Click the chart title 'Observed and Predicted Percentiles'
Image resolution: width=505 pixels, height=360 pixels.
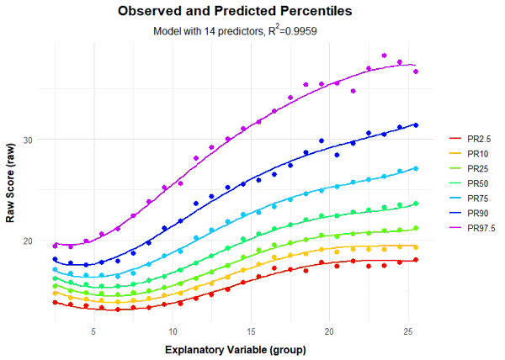[235, 12]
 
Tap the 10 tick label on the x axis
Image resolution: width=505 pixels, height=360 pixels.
[173, 331]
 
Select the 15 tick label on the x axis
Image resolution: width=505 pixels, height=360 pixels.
[251, 331]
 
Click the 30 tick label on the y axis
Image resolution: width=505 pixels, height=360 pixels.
[39, 140]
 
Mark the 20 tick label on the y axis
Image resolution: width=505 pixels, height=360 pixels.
[39, 241]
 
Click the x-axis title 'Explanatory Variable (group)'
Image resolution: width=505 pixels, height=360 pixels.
[235, 348]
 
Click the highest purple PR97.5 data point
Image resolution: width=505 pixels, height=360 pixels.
[385, 56]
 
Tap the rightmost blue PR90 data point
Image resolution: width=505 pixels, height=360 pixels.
[416, 125]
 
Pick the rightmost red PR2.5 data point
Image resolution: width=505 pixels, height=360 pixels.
[416, 260]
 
